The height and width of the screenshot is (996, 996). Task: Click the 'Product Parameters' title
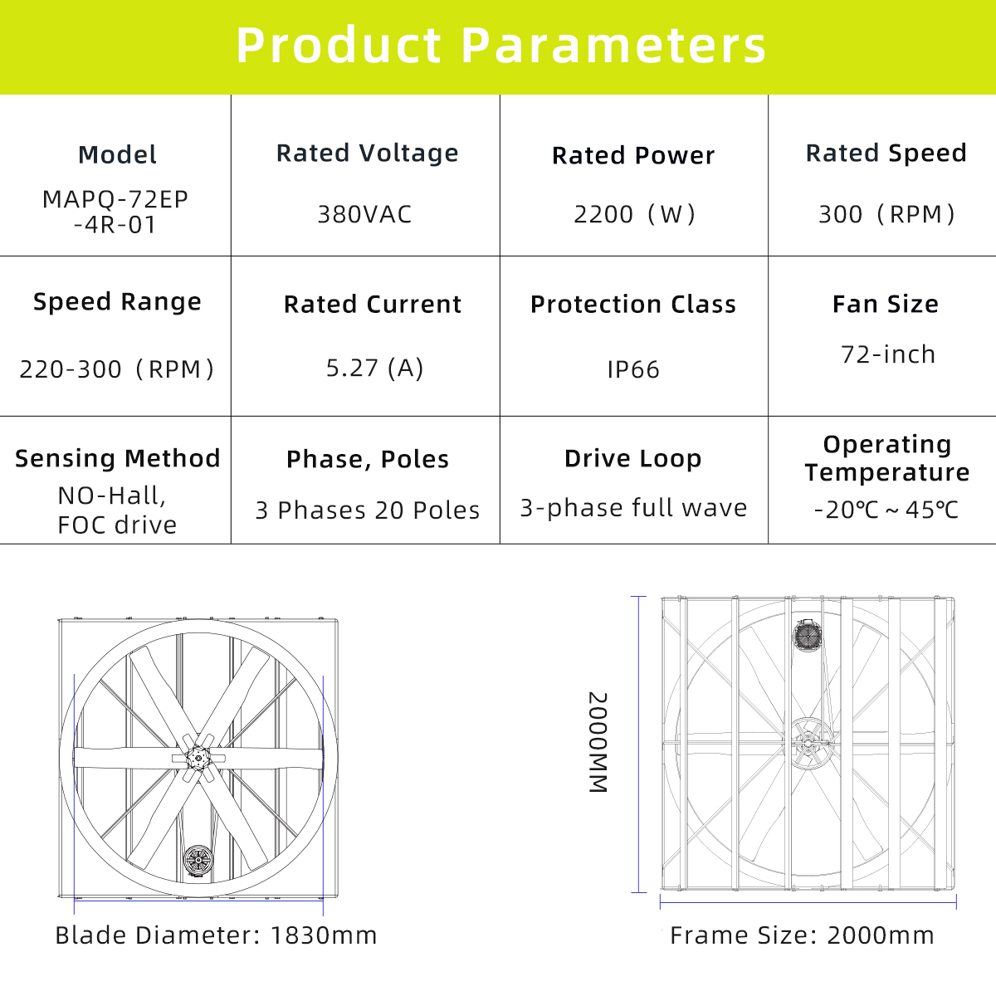[500, 46]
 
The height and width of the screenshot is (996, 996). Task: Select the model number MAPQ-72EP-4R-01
[115, 212]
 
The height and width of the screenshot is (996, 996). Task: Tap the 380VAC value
[364, 214]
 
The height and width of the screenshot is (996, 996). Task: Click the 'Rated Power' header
[633, 155]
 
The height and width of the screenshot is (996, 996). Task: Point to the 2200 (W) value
[634, 214]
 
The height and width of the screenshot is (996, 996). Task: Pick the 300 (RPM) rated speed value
[886, 214]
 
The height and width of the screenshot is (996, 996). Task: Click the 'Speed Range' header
[117, 302]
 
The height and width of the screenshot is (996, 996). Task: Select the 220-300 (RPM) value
[116, 369]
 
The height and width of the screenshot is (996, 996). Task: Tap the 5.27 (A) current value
[374, 368]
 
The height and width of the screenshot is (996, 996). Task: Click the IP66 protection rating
[633, 369]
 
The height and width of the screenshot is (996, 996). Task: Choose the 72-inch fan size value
[888, 354]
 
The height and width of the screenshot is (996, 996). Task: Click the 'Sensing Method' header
[118, 458]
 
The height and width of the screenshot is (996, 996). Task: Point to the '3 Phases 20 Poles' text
[368, 510]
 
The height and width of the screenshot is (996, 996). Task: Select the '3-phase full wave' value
[633, 508]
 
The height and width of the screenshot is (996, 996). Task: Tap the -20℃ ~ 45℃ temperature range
[886, 510]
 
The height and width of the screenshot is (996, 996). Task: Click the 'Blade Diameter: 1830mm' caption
[216, 935]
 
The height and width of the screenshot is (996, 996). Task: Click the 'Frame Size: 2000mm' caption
[802, 935]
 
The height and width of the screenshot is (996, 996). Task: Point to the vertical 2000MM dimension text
[598, 742]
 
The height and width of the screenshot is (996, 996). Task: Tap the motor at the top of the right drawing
[808, 634]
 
